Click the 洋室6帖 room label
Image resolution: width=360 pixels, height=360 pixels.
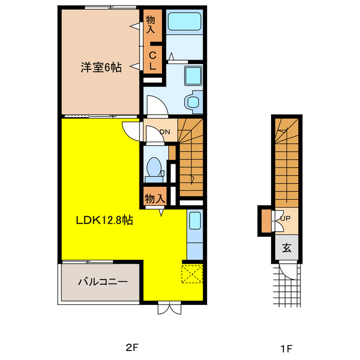[x=101, y=67]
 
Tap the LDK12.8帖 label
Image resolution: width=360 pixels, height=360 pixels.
[x=105, y=220]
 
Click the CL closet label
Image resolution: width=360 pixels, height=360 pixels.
[x=152, y=59]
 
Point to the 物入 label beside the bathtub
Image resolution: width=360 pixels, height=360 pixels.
[x=150, y=24]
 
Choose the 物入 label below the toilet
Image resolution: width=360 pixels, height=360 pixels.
[x=154, y=199]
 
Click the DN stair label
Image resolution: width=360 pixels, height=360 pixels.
[x=165, y=132]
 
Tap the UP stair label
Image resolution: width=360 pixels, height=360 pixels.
[x=285, y=218]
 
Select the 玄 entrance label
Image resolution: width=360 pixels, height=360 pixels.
[x=286, y=247]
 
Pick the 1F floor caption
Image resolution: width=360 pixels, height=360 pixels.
[x=286, y=348]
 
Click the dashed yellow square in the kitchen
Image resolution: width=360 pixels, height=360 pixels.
[x=191, y=274]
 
